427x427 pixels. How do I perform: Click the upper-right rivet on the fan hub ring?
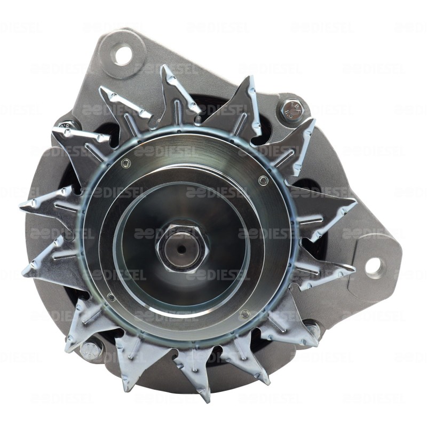[x=263, y=180]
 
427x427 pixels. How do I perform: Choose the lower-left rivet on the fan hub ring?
[x=111, y=297]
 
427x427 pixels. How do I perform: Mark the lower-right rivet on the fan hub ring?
[x=245, y=314]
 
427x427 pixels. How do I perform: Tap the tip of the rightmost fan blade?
[x=355, y=202]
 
